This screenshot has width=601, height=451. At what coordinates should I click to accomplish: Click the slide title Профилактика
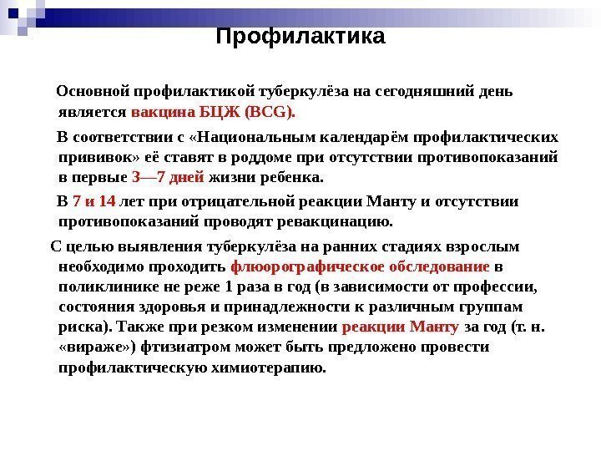(300, 38)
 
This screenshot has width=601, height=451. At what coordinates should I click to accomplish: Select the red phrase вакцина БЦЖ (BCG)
(214, 111)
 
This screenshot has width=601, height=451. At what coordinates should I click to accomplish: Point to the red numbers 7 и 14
(94, 201)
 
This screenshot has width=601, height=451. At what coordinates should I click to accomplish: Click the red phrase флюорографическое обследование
(360, 267)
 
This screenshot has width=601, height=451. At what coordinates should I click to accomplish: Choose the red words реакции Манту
(401, 327)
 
